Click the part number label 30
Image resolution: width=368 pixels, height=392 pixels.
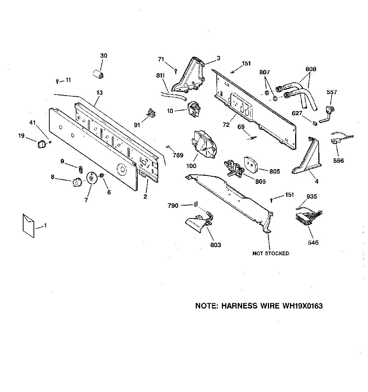click(103, 56)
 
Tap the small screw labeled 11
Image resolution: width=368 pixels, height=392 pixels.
click(57, 81)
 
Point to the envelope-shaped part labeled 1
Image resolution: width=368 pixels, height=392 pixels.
click(28, 225)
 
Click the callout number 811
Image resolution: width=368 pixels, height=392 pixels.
click(160, 75)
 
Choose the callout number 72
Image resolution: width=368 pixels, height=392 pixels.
click(226, 125)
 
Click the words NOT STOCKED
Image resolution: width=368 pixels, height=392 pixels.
click(271, 253)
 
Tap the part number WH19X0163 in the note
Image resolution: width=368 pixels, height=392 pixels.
click(302, 306)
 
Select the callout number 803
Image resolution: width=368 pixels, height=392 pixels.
click(215, 245)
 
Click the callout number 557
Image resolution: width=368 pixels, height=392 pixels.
click(332, 92)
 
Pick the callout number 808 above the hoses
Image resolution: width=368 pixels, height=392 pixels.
click(311, 69)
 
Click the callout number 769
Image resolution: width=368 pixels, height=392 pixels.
click(178, 155)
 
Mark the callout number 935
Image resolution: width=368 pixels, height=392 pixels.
click(312, 196)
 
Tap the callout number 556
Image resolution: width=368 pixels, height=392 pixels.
click(338, 160)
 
